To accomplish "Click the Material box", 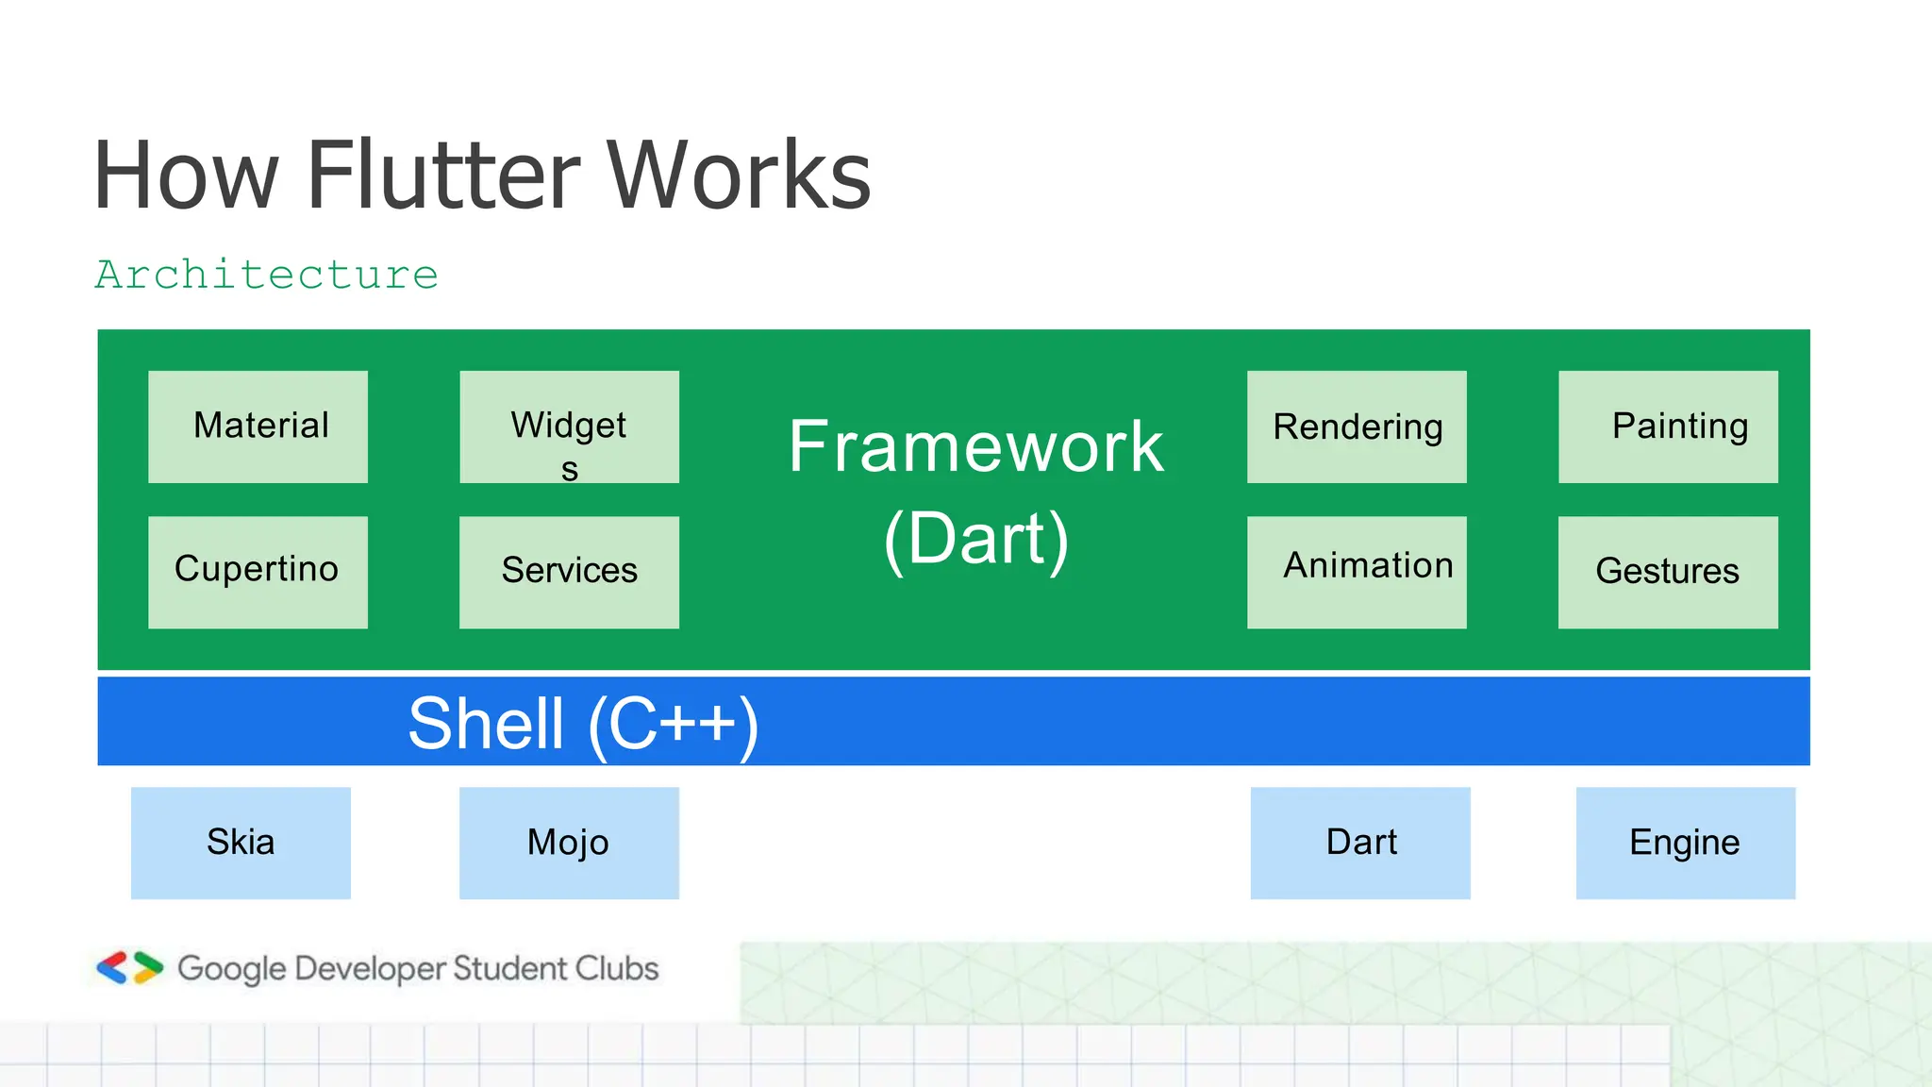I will click(x=258, y=426).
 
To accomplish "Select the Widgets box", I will click(x=569, y=426).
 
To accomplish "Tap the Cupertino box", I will click(x=258, y=572).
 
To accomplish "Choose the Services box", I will click(x=569, y=572).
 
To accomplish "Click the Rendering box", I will click(x=1357, y=426).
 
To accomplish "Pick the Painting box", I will click(x=1668, y=426).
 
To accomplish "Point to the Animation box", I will click(x=1357, y=572).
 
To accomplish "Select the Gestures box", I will click(x=1668, y=572).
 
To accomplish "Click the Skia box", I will click(x=241, y=843).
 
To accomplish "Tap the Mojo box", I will click(x=569, y=843).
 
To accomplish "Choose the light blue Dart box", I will click(x=1360, y=843).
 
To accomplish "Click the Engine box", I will click(x=1685, y=843).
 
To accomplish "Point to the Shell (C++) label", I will click(x=583, y=724).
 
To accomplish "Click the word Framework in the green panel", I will click(x=976, y=446).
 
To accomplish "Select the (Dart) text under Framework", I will click(x=976, y=539).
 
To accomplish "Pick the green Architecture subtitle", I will click(x=267, y=276).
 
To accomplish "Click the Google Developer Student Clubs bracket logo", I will click(x=130, y=968).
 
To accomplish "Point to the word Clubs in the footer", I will click(x=617, y=968).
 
